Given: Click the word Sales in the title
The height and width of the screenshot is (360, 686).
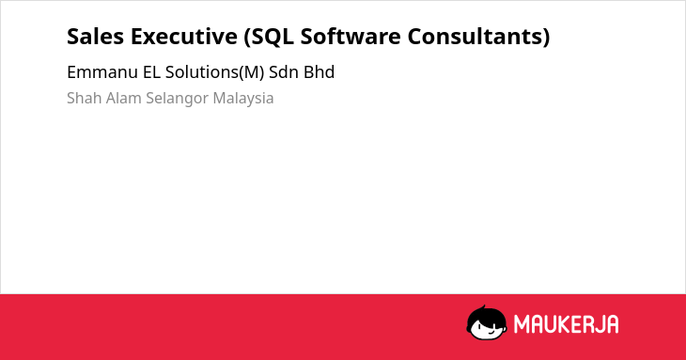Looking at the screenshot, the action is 95,37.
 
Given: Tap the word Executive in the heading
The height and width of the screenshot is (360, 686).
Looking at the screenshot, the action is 184,37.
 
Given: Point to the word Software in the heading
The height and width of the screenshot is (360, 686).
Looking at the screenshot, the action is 350,37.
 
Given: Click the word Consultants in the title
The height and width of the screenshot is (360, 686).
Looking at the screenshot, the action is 476,37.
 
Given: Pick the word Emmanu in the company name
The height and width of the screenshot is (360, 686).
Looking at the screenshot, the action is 102,72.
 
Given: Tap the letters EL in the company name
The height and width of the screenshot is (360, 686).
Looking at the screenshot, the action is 152,72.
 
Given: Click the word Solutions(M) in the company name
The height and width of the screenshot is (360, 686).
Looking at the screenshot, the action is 215,72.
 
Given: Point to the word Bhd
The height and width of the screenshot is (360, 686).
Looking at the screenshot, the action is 320,72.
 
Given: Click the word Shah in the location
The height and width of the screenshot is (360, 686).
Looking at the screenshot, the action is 85,98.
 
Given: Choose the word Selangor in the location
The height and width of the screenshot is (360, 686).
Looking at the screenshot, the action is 178,99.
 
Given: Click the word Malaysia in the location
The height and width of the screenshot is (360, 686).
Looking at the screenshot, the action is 243,99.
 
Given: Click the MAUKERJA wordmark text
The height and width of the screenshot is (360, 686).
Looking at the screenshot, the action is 566,324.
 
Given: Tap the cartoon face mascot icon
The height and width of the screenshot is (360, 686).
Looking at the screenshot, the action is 487,323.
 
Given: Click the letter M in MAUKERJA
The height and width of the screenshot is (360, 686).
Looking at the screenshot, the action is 522,324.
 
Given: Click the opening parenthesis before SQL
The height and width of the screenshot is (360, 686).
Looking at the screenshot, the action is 247,37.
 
